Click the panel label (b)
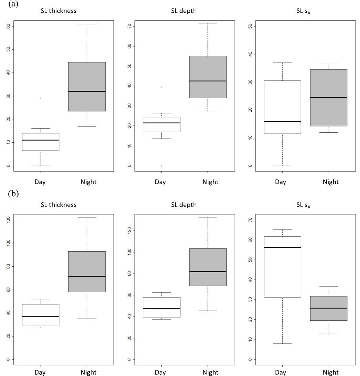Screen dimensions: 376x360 tap(13, 194)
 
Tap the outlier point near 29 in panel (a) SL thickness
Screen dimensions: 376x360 tap(41, 98)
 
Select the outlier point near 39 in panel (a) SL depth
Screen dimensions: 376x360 tap(161, 87)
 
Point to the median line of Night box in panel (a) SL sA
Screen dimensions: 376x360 tap(328, 98)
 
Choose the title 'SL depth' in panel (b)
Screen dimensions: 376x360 tap(184, 205)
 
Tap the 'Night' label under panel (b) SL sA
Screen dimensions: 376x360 tap(330, 372)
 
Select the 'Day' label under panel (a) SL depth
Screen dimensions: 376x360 tap(160, 182)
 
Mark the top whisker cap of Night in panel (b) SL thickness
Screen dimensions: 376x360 tap(87, 218)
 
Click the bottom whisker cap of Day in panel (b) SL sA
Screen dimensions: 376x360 tap(282, 344)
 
